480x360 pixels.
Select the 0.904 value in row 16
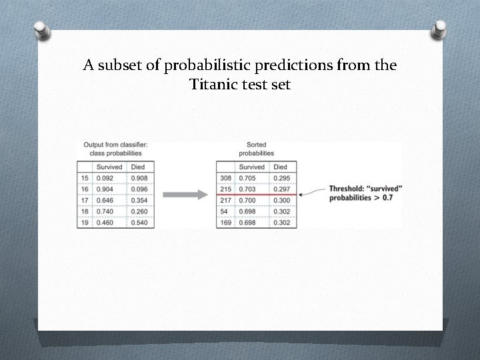105,189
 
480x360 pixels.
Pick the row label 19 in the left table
85,223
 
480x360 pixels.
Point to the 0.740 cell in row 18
105,211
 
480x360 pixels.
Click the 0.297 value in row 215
283,189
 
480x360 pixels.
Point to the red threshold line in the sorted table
260,195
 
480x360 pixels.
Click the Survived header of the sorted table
252,167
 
